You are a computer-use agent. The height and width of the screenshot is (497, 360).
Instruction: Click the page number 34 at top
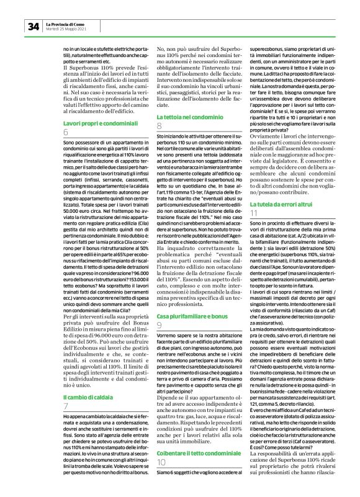[33, 26]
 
